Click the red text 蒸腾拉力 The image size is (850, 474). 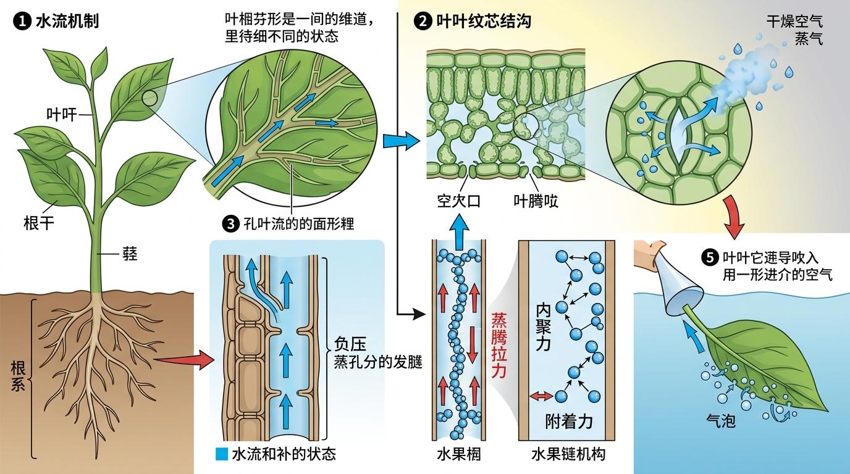pyautogui.click(x=498, y=346)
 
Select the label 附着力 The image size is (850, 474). pyautogui.click(x=569, y=422)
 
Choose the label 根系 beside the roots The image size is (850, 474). pyautogui.click(x=18, y=376)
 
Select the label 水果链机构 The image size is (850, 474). pyautogui.click(x=568, y=455)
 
